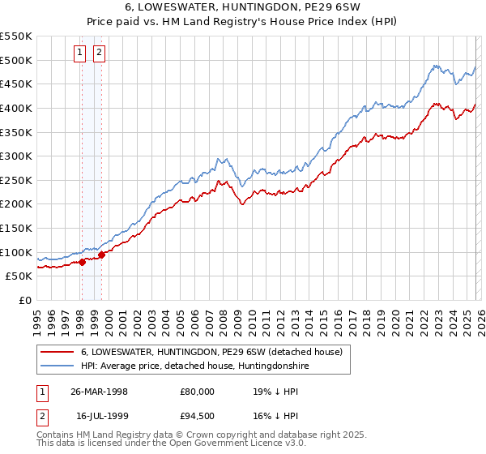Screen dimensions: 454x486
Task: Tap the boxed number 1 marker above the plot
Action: (x=81, y=54)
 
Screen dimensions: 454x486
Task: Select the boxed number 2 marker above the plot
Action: (x=99, y=54)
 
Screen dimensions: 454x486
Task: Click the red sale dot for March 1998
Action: (x=83, y=262)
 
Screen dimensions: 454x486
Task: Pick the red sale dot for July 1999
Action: (x=101, y=255)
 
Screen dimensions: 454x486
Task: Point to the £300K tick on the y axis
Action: (x=17, y=156)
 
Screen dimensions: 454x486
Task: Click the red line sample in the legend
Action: (x=58, y=352)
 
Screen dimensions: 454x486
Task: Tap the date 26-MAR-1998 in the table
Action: (x=99, y=391)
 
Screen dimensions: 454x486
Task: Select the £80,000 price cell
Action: (x=198, y=391)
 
